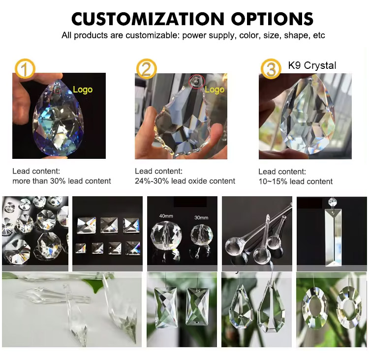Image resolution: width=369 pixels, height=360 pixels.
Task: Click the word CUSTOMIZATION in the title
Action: [x=148, y=19]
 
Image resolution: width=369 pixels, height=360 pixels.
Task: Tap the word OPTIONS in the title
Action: [x=272, y=19]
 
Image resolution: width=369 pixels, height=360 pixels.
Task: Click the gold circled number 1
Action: [x=25, y=69]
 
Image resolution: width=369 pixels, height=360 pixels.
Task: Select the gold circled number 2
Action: [x=147, y=69]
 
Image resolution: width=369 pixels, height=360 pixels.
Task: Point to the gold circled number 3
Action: [x=271, y=69]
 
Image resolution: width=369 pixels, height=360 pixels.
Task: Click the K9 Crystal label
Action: [x=312, y=65]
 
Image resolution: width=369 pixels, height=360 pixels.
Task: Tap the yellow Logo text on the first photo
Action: [x=83, y=90]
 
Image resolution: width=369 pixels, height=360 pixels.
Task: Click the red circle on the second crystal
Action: [x=197, y=82]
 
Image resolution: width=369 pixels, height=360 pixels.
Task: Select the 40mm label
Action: [x=166, y=216]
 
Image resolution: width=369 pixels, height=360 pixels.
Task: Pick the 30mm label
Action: [x=201, y=218]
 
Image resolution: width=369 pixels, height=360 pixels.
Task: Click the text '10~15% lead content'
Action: [x=296, y=181]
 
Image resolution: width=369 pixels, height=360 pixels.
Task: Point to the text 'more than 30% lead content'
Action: [x=61, y=181]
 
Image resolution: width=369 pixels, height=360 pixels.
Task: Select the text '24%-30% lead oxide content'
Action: [x=185, y=181]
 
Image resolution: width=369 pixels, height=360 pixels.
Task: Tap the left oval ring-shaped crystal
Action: [x=315, y=308]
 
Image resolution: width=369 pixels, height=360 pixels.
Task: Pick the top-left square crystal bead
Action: [x=87, y=225]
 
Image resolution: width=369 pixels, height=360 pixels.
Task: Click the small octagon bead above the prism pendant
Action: [x=332, y=202]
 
